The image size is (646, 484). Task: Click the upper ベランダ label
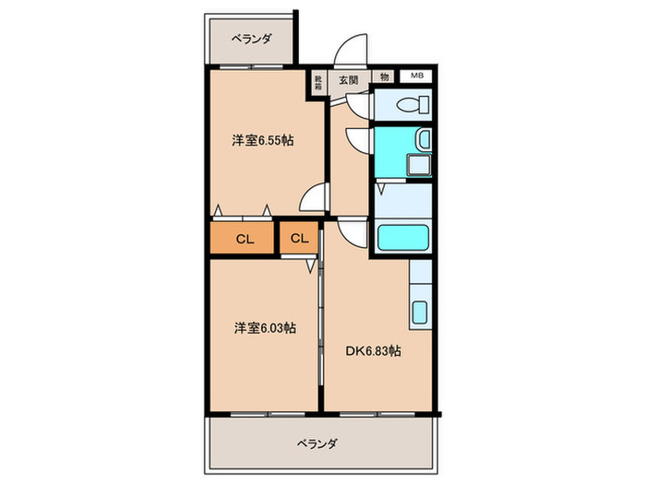point(251,39)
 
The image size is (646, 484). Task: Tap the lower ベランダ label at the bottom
point(317,443)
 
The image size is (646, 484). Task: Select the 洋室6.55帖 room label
point(263,141)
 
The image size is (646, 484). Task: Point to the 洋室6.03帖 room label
point(264,327)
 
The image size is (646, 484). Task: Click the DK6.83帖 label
point(373,350)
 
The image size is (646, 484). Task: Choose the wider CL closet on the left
point(244,239)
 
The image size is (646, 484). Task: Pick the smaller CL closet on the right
point(298,239)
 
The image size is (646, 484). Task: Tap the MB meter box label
point(416,77)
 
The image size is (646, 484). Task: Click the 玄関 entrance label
point(348,79)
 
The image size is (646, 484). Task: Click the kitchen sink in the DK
point(419,313)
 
